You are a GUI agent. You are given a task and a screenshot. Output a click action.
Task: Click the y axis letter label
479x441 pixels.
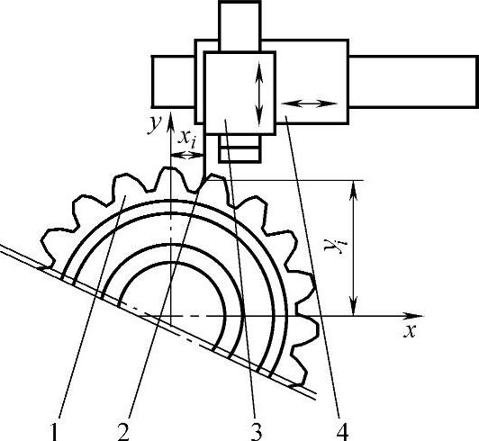coord(154,124)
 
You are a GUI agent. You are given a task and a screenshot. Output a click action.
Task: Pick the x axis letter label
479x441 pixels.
coord(410,330)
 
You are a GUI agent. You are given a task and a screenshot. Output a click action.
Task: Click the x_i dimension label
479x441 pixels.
coord(187,138)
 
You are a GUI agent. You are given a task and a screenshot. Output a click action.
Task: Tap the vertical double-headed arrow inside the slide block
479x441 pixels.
coord(259,94)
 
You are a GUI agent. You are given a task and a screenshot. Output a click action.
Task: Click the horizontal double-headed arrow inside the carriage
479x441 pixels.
coord(309,103)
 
